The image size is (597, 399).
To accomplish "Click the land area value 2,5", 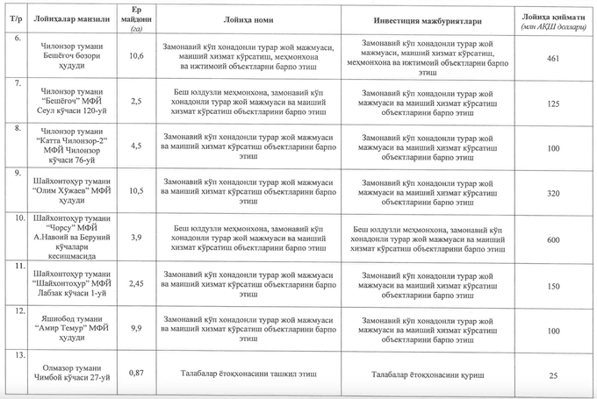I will tap(136, 103).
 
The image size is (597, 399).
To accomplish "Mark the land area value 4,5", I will tap(136, 146).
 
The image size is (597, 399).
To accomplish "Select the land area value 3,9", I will tap(136, 238).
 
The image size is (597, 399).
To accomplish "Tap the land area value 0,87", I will tap(136, 373).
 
